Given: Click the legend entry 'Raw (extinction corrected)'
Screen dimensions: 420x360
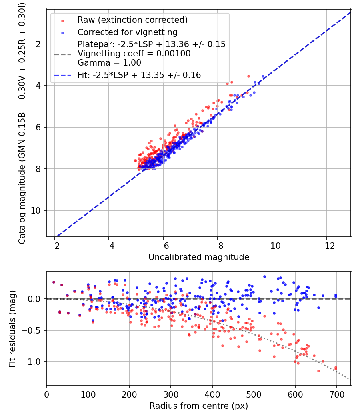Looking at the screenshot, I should click(x=132, y=20).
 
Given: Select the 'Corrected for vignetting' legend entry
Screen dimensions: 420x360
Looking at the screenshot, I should click(x=127, y=32).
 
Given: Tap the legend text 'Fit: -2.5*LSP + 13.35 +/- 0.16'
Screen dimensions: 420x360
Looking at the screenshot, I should click(x=139, y=75).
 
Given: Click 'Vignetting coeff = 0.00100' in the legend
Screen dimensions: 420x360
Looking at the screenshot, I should click(x=134, y=54).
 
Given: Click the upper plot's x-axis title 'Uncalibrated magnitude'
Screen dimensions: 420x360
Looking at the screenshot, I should click(x=199, y=257).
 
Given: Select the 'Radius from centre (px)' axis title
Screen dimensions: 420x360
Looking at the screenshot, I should click(x=199, y=406).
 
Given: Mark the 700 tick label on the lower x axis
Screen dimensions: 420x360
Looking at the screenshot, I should click(x=336, y=394).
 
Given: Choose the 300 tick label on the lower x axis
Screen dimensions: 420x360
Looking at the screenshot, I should click(x=171, y=394).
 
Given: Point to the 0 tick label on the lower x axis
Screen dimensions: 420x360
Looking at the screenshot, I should click(x=47, y=394).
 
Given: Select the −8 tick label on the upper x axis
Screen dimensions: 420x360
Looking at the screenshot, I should click(x=218, y=244).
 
